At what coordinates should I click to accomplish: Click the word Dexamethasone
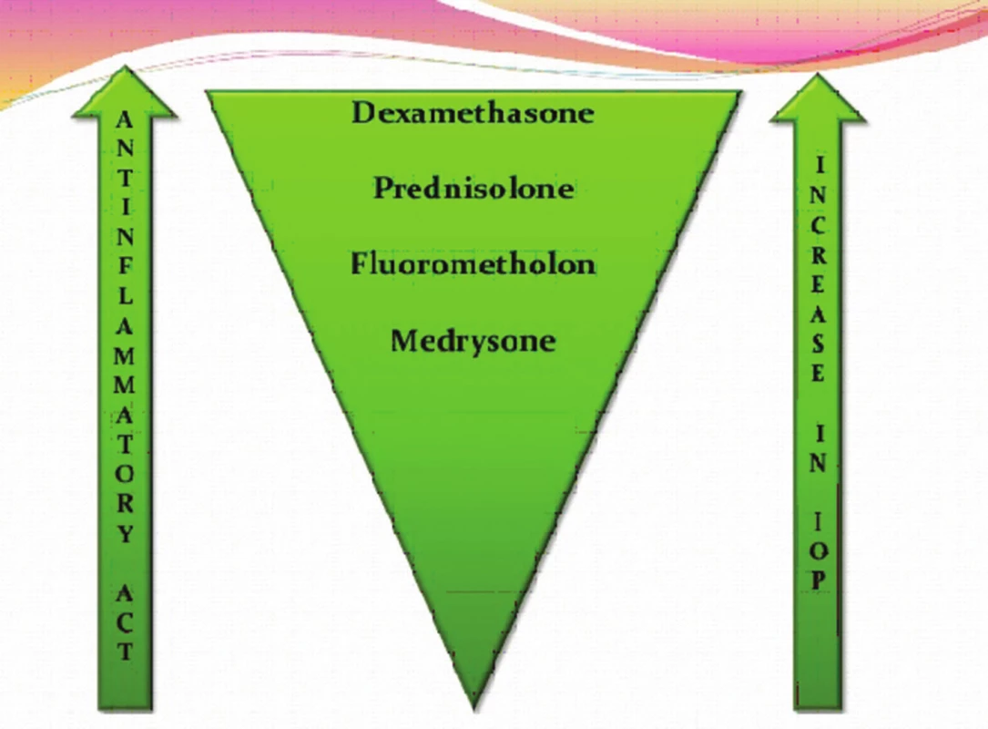(x=473, y=113)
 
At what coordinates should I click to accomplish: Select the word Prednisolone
(x=474, y=188)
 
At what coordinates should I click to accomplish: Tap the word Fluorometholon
(x=474, y=263)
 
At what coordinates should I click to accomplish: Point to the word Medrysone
(x=474, y=341)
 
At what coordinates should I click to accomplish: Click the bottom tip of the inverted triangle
(x=474, y=710)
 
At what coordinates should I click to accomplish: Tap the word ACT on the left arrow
(x=125, y=622)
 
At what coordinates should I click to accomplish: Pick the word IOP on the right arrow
(x=817, y=550)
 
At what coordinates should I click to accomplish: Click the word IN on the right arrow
(x=817, y=448)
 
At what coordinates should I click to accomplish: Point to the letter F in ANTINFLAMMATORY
(x=125, y=265)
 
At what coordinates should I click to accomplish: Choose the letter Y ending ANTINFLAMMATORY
(x=125, y=534)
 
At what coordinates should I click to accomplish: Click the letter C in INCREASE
(x=817, y=226)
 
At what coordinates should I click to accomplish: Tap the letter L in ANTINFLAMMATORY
(x=125, y=295)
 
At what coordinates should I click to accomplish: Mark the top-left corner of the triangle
(x=207, y=92)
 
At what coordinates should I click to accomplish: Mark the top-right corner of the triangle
(x=741, y=92)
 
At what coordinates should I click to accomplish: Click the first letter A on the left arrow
(x=125, y=119)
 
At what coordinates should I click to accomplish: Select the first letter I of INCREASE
(x=819, y=166)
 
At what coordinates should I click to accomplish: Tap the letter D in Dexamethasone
(x=363, y=113)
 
